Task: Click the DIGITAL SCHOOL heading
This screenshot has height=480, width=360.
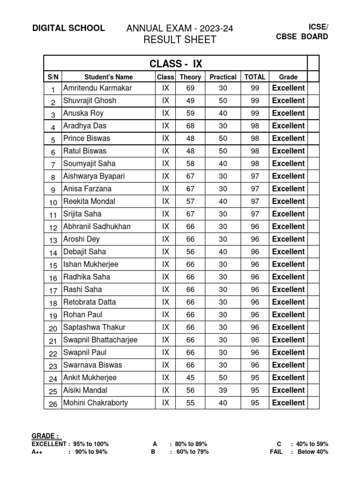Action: click(x=68, y=28)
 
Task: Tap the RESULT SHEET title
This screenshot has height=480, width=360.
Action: click(x=180, y=40)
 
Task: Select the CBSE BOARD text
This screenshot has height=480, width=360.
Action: click(x=302, y=37)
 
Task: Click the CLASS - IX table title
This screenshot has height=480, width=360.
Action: click(x=176, y=64)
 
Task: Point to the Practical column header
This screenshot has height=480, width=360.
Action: click(x=223, y=77)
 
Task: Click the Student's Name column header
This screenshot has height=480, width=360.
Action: click(x=109, y=77)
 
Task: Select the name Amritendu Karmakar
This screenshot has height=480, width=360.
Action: click(x=97, y=88)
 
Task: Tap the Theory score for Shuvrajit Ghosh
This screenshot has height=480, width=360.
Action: click(x=190, y=101)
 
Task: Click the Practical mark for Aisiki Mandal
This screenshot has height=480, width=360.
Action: click(x=223, y=390)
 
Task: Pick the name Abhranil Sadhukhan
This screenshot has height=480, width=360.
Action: click(x=97, y=227)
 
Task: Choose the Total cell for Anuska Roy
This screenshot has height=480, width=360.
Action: click(x=255, y=113)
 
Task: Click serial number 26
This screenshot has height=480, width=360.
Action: click(x=53, y=404)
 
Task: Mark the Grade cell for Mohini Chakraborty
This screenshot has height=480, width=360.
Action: click(x=288, y=403)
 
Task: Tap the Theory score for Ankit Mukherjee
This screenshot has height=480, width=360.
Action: click(x=190, y=378)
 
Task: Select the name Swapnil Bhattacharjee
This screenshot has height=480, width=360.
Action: click(x=100, y=340)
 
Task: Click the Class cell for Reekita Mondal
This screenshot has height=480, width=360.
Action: click(x=165, y=202)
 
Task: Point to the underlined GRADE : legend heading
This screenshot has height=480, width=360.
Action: click(x=45, y=436)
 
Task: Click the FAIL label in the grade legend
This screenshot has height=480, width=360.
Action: click(x=277, y=452)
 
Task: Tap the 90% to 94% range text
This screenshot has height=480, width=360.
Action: click(x=91, y=452)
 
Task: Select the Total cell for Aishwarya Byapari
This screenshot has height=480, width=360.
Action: click(x=255, y=176)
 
